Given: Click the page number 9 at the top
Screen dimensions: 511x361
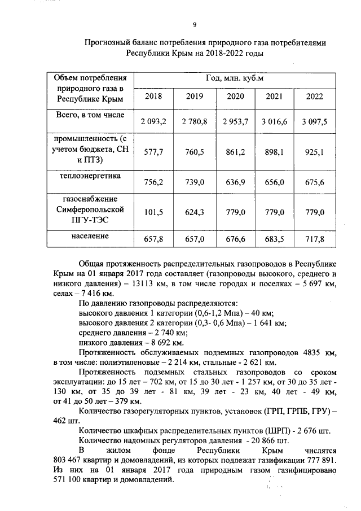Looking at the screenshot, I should click(x=195, y=24).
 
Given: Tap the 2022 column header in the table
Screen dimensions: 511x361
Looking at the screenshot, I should click(x=314, y=97).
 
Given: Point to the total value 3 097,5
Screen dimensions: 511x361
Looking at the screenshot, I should click(x=314, y=122).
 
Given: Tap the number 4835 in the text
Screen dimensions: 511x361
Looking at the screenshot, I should click(x=314, y=353).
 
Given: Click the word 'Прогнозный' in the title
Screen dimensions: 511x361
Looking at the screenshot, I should click(x=108, y=42).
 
